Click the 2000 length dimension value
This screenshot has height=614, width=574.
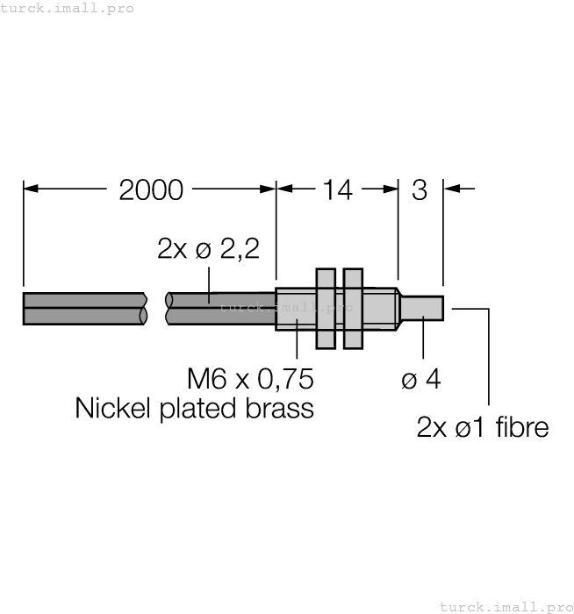[x=151, y=189]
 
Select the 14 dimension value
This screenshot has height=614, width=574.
[x=337, y=189]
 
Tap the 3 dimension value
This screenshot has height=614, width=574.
[x=420, y=189]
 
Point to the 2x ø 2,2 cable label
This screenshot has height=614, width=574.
[x=209, y=249]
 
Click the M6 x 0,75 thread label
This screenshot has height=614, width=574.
[x=250, y=380]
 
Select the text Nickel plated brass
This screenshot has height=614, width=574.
[x=194, y=409]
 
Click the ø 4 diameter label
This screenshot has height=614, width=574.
[x=421, y=380]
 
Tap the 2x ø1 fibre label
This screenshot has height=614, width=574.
[x=482, y=427]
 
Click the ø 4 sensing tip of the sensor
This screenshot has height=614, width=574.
[x=422, y=310]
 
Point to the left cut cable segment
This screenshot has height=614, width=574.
[x=84, y=309]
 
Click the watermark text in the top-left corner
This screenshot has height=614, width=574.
[x=68, y=8]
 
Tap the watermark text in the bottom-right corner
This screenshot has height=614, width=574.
[x=506, y=606]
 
